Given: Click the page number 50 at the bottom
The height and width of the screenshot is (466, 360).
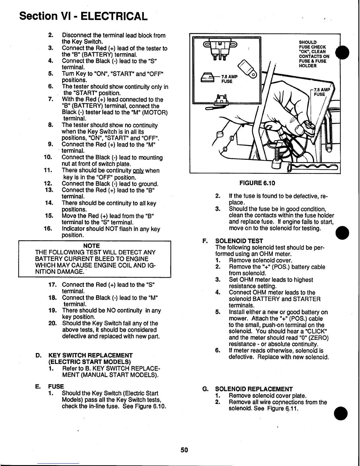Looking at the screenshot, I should click(x=184, y=450).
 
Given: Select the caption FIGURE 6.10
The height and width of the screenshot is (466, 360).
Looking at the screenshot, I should click(x=257, y=183).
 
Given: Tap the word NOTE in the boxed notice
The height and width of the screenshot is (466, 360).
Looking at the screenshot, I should click(x=91, y=246).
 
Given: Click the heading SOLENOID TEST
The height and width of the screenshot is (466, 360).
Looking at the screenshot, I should click(x=239, y=241).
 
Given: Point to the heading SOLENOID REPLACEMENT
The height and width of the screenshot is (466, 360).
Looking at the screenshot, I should click(x=254, y=389).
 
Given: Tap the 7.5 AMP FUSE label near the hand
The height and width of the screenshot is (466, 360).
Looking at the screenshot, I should click(x=321, y=92).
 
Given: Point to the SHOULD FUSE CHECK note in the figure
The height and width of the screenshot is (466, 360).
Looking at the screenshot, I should click(x=314, y=54).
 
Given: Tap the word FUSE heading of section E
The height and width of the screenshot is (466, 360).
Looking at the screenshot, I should click(x=56, y=386).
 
